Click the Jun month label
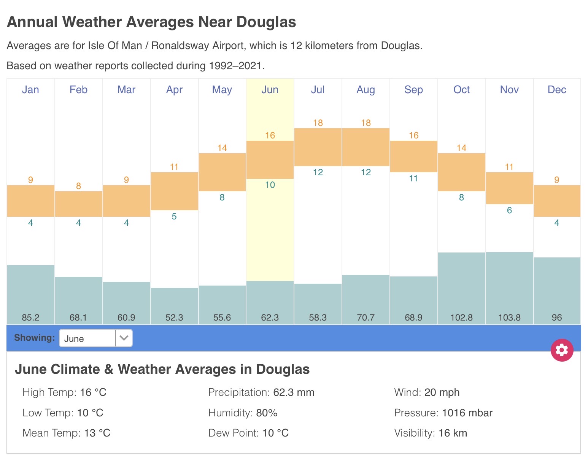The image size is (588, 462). point(270,90)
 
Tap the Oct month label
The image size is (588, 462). point(461,90)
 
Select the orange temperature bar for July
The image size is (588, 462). point(318,147)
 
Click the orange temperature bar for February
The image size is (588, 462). point(78,204)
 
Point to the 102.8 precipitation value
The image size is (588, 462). point(461,318)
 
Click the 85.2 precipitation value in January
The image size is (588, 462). point(30,318)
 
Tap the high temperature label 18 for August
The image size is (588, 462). point(366,123)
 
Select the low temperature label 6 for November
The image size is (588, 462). point(509,210)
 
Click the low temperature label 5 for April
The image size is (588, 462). point(174,216)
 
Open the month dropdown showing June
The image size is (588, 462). point(96,338)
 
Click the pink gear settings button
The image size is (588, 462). point(562,350)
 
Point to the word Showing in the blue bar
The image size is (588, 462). point(34,338)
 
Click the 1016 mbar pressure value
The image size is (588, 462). point(467,413)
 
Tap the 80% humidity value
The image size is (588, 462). point(267,413)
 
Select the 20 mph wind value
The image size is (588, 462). point(442,392)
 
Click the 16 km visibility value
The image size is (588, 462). point(453,433)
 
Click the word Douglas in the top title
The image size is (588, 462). point(266,22)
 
